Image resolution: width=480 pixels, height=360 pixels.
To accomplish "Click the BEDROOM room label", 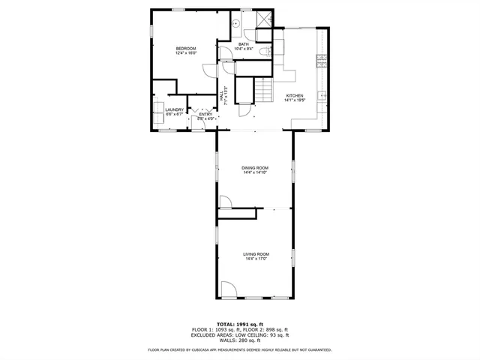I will (185, 49).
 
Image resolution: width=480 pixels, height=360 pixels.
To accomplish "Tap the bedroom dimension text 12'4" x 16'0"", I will (185, 53).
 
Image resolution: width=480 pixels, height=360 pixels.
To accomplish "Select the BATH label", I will (244, 44).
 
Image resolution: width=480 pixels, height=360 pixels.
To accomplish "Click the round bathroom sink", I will (235, 23).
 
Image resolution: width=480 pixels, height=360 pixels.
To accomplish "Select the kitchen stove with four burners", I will (323, 59).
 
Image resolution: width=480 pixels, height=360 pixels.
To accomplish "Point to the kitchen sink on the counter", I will (322, 94).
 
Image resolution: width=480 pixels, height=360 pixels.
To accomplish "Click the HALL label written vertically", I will (223, 97).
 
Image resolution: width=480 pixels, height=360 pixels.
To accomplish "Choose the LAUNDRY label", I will (174, 109).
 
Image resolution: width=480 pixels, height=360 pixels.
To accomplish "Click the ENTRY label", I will (205, 114).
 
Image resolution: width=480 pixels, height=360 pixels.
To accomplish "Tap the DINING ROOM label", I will (255, 167).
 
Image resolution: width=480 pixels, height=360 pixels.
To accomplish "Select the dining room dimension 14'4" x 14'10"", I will (255, 172).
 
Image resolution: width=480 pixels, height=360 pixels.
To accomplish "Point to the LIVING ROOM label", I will (256, 254).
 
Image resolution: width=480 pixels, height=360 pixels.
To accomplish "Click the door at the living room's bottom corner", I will (229, 291).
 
